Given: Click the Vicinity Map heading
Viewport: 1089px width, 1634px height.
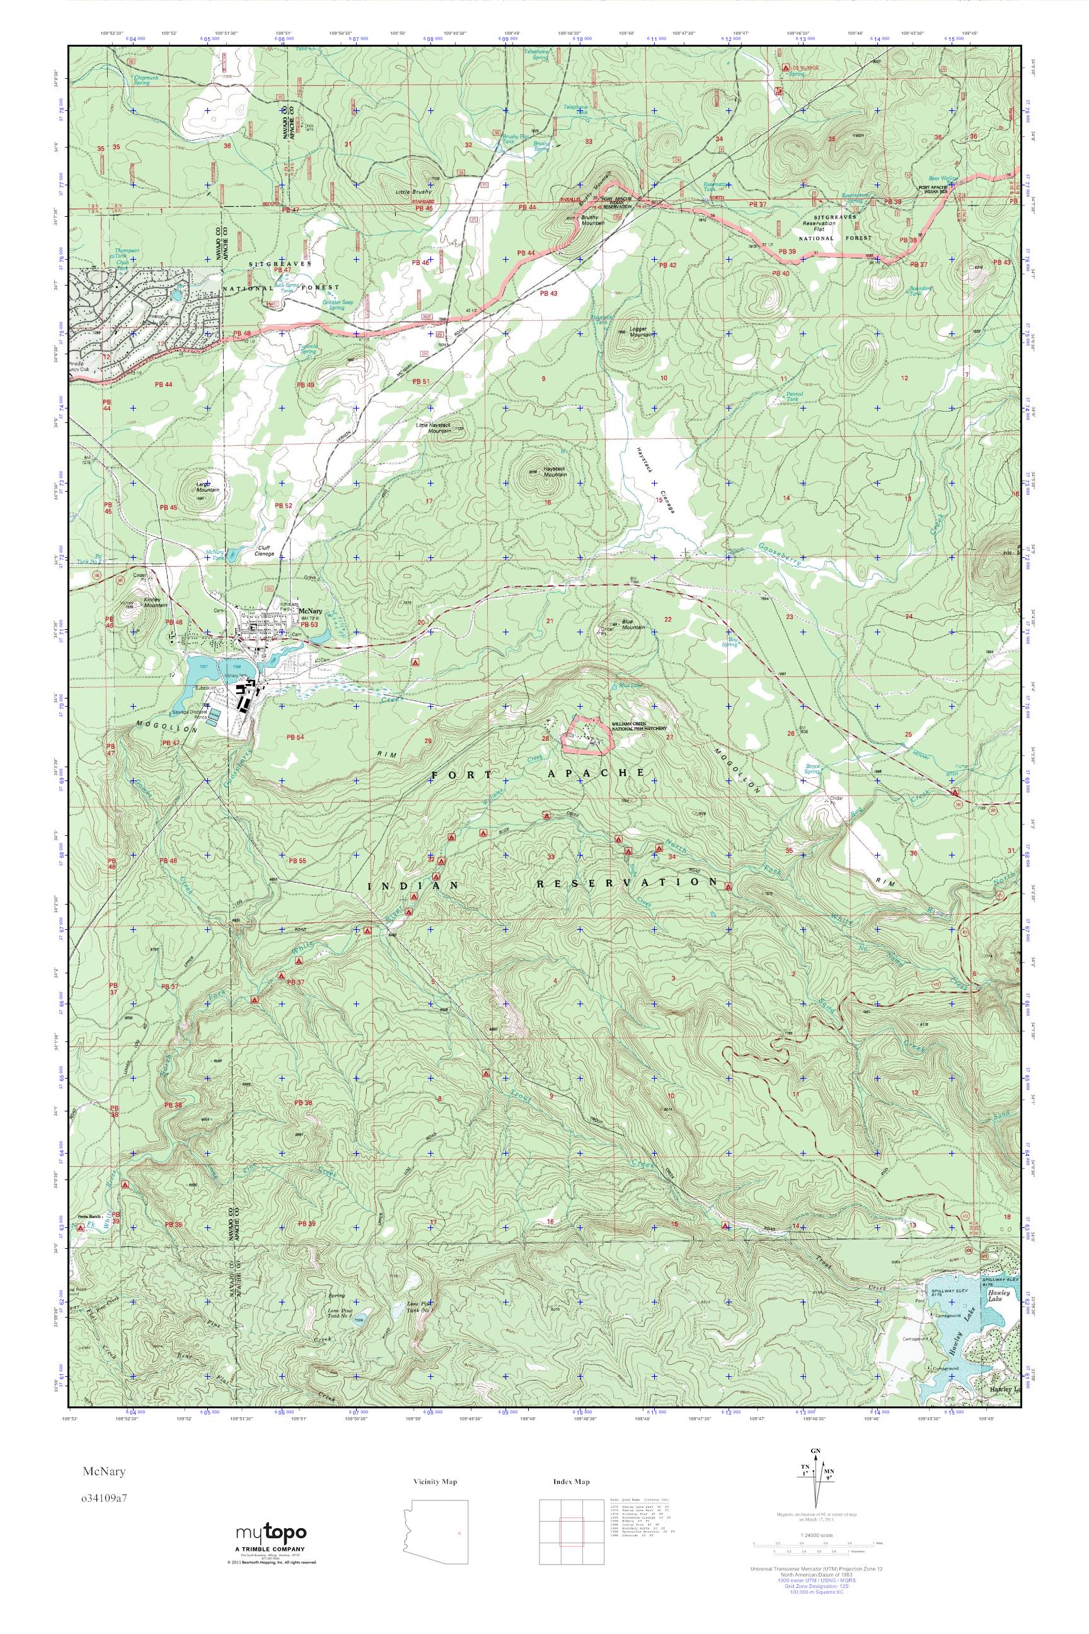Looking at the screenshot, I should coord(434,1482).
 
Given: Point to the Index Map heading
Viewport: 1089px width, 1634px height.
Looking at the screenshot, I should coord(571,1482).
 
